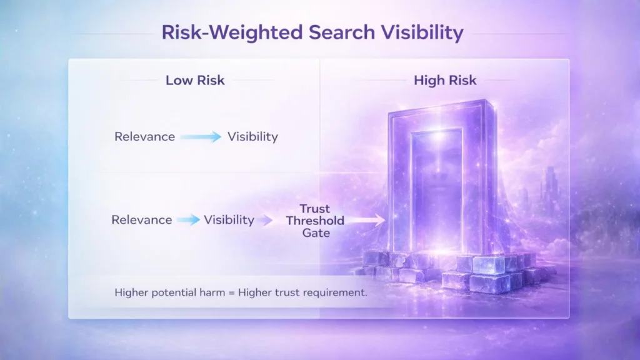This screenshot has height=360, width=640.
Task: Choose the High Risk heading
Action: click(x=445, y=81)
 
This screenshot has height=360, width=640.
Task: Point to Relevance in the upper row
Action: click(x=144, y=136)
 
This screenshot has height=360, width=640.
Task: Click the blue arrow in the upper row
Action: click(x=201, y=137)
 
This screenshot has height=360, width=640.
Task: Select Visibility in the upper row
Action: click(x=252, y=136)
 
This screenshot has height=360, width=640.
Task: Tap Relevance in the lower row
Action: click(x=141, y=220)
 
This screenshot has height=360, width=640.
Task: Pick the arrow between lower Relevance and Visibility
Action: click(x=188, y=220)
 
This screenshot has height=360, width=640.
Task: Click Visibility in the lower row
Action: click(x=229, y=220)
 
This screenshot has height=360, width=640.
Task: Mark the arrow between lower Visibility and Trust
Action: click(x=266, y=220)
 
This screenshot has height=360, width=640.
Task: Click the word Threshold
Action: click(x=314, y=221)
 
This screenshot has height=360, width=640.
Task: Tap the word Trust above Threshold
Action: click(x=314, y=209)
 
